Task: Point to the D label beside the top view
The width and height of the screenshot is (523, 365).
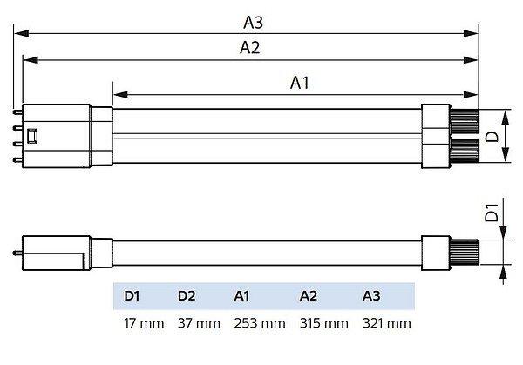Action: pos(492,136)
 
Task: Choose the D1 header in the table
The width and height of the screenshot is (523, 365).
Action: pos(132,297)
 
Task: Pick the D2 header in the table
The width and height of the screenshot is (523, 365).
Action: pos(187,297)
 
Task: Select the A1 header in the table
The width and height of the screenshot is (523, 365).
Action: pos(243,297)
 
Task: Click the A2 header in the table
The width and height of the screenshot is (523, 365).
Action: pos(309,297)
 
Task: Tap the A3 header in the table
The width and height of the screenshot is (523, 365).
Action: pos(372,297)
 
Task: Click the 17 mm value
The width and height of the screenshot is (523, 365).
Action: pos(144,324)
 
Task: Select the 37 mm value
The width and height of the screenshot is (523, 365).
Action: pos(200,324)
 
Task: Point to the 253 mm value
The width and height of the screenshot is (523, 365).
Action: pos(260,324)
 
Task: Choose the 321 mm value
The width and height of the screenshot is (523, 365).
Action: pos(386,324)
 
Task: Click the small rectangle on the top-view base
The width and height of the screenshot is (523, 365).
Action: pos(34,136)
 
